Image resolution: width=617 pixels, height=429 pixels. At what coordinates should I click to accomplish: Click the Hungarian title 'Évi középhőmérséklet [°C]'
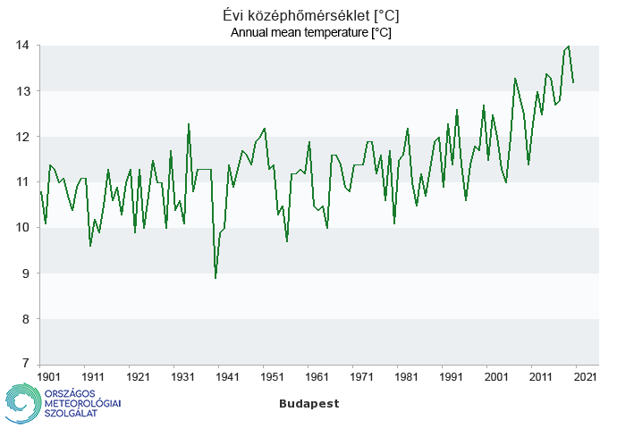pyautogui.click(x=310, y=16)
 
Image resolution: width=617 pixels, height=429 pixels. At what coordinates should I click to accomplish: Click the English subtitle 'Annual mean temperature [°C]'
pyautogui.click(x=310, y=32)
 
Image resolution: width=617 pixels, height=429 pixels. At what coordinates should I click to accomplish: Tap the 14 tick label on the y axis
pyautogui.click(x=22, y=46)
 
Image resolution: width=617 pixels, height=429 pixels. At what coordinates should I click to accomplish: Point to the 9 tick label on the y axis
pyautogui.click(x=26, y=273)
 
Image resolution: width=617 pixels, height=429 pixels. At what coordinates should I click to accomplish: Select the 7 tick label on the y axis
pyautogui.click(x=26, y=365)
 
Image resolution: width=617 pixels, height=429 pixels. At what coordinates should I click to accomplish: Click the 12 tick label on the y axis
pyautogui.click(x=22, y=137)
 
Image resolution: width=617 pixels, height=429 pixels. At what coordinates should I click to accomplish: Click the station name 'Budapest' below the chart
pyautogui.click(x=309, y=404)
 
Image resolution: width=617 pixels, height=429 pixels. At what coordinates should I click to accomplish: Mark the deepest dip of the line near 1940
pyautogui.click(x=216, y=278)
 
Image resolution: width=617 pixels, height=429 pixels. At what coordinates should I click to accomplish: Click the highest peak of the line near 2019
pyautogui.click(x=569, y=46)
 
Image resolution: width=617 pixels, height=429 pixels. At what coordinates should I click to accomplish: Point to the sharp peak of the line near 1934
pyautogui.click(x=189, y=124)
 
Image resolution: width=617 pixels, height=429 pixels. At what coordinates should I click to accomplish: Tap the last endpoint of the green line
pyautogui.click(x=573, y=82)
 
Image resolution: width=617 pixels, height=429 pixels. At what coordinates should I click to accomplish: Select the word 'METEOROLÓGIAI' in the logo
pyautogui.click(x=82, y=405)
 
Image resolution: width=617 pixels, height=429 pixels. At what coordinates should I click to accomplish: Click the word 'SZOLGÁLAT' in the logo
pyautogui.click(x=71, y=416)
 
